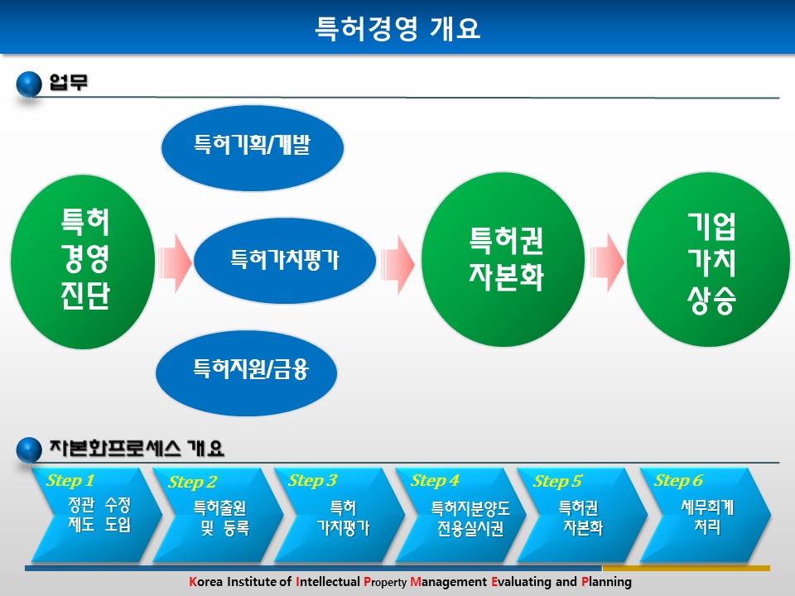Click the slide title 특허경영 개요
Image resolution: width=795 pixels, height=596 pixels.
(x=397, y=28)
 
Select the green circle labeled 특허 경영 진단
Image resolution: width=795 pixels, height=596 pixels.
(x=83, y=262)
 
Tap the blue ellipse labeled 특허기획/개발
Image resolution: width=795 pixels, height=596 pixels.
(x=253, y=148)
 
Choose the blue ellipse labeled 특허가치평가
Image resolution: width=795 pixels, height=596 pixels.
(x=284, y=261)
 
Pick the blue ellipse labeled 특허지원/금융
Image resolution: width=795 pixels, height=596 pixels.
(x=247, y=373)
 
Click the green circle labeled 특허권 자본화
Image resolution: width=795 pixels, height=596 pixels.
(x=503, y=259)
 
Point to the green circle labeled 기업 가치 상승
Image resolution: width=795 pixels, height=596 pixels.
(x=708, y=259)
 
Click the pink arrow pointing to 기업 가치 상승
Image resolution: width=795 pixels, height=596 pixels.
(x=606, y=262)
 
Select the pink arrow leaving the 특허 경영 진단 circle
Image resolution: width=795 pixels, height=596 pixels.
(x=175, y=263)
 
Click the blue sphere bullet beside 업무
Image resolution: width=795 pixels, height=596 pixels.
(x=29, y=84)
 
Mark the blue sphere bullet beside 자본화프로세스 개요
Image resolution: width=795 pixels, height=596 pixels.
(x=29, y=449)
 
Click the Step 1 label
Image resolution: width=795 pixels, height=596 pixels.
(x=70, y=480)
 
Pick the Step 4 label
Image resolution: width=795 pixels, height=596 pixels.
(x=435, y=480)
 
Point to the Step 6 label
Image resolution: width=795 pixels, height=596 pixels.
(x=678, y=480)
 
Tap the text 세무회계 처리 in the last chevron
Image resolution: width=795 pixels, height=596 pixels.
(x=707, y=517)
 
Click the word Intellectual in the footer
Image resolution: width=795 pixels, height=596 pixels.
(x=328, y=581)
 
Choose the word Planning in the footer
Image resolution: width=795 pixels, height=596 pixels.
(x=606, y=582)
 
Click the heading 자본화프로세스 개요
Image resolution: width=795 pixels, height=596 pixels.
(x=137, y=448)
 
